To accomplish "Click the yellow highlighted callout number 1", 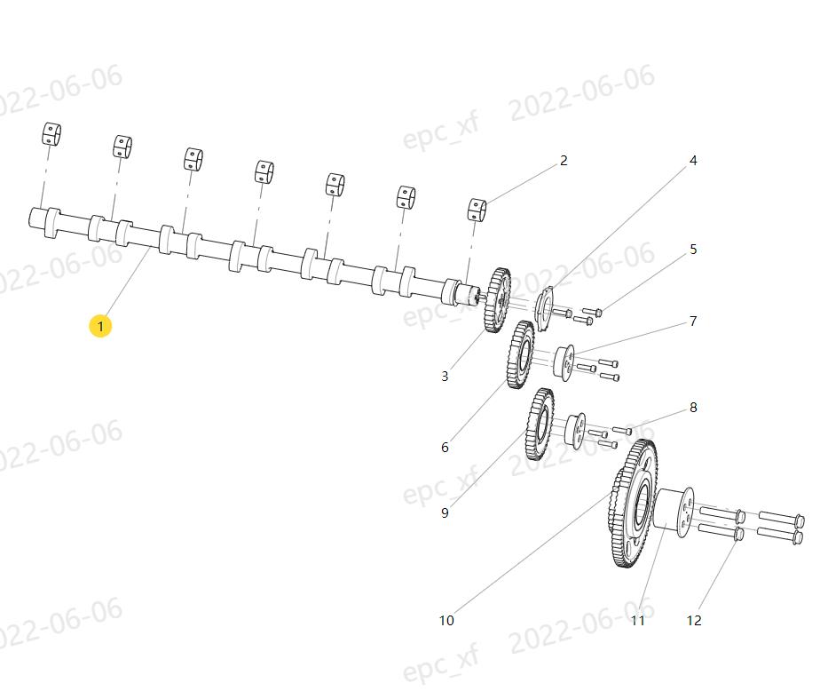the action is tap(100, 326).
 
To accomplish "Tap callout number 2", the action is tap(564, 161).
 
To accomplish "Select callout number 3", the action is tap(445, 376).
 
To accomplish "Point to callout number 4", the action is tap(693, 161).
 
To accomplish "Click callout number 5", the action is tap(693, 250).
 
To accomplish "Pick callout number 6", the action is tap(445, 447).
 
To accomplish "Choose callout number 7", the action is tap(693, 321).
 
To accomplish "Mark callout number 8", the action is tap(693, 408).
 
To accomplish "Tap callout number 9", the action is tap(445, 512).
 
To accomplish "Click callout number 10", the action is tap(446, 620).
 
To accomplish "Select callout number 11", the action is tap(638, 620).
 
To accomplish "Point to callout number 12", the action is tap(694, 620).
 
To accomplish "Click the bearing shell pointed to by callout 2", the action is tap(477, 210).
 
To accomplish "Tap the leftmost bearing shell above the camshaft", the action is tap(51, 134).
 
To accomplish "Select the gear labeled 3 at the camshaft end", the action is tap(497, 300).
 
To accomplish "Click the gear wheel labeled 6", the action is tap(521, 355).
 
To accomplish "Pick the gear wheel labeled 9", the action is tap(540, 425).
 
